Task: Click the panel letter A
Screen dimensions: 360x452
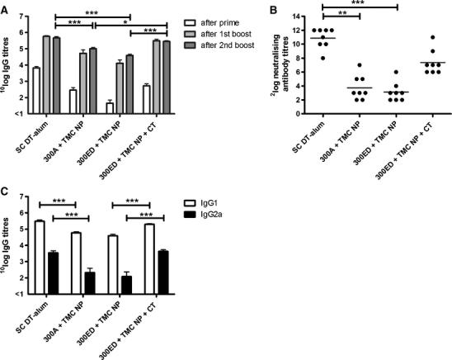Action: (x=6, y=7)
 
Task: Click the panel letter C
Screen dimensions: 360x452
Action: (x=6, y=197)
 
